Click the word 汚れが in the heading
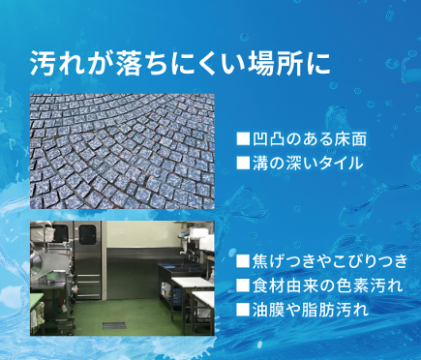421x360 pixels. tap(69, 63)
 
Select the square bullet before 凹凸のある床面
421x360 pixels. tap(243, 138)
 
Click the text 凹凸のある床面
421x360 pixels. tap(310, 139)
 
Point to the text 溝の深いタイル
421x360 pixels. tap(308, 163)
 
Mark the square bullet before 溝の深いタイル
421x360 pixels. tap(243, 163)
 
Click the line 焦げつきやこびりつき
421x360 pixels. tap(330, 261)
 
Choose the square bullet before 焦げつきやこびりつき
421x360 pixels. tap(243, 261)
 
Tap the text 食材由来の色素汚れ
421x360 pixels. tap(328, 285)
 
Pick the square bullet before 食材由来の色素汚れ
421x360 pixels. tap(243, 285)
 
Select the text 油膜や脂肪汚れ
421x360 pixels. tap(311, 310)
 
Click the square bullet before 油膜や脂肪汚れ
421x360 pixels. tap(243, 310)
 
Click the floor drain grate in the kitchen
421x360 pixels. tap(114, 326)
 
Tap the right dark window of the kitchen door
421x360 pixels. tap(87, 234)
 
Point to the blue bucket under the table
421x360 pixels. tap(177, 295)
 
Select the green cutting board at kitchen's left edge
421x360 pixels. tap(37, 298)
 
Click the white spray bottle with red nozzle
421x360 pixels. tap(64, 306)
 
